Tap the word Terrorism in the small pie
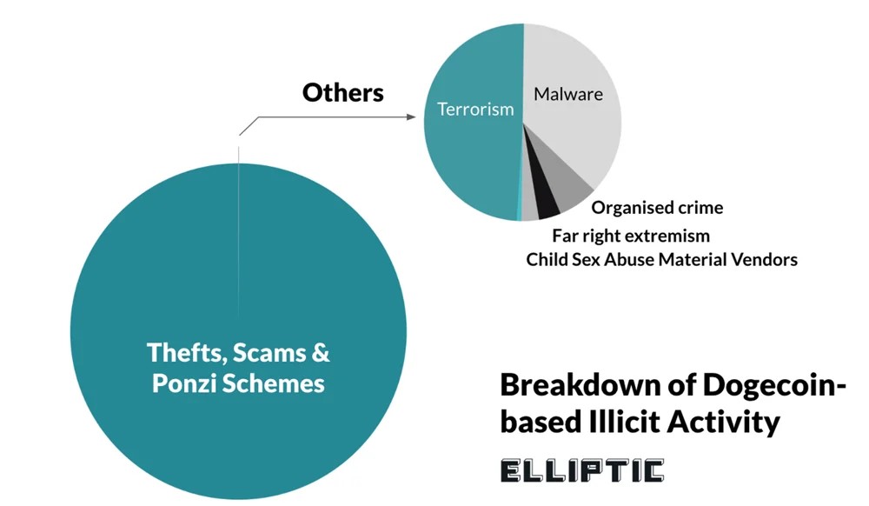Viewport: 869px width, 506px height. coord(475,110)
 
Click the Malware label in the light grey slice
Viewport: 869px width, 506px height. coord(567,94)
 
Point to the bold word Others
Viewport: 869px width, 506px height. coord(343,93)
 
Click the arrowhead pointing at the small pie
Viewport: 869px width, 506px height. coord(412,113)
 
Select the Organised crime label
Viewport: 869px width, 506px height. coord(657,208)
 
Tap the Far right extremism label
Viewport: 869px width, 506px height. coord(631,236)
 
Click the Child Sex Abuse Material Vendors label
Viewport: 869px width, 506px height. coord(661,260)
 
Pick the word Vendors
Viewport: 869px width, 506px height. coord(765,260)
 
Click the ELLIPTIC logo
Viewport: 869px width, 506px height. coord(581,471)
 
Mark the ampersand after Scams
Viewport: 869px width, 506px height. coord(321,353)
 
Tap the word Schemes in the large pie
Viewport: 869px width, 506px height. coord(278,383)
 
